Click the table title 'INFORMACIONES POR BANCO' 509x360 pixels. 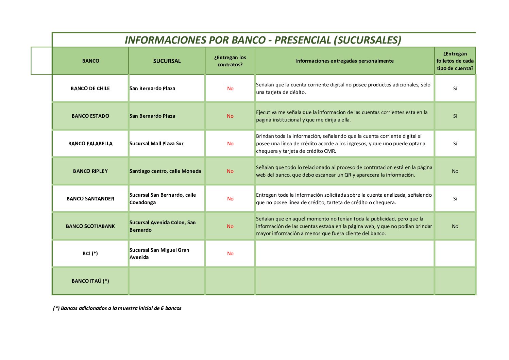[x=263, y=40]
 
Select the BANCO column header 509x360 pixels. [x=90, y=61]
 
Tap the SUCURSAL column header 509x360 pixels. [x=167, y=61]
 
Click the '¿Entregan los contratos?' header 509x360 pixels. [x=230, y=61]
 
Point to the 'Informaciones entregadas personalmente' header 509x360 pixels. [x=344, y=61]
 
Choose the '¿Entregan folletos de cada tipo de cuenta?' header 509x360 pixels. [x=455, y=61]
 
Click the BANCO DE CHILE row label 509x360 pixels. [x=90, y=88]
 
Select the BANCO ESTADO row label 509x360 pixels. [x=90, y=116]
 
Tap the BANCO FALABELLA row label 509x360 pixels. [x=90, y=144]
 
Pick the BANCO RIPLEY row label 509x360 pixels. [x=90, y=171]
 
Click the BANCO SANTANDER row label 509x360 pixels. [x=90, y=199]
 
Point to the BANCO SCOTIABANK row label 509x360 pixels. [x=90, y=226]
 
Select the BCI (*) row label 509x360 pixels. [x=90, y=253]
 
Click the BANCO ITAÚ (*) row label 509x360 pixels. [x=90, y=281]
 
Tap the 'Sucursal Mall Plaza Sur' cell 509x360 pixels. [x=156, y=144]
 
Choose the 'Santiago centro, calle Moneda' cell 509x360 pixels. [x=165, y=171]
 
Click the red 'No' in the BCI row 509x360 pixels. [x=230, y=253]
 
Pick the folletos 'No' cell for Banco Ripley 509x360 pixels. [x=455, y=171]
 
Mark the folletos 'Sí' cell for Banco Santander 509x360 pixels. [x=455, y=199]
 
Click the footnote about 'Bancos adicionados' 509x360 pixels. [x=117, y=308]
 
